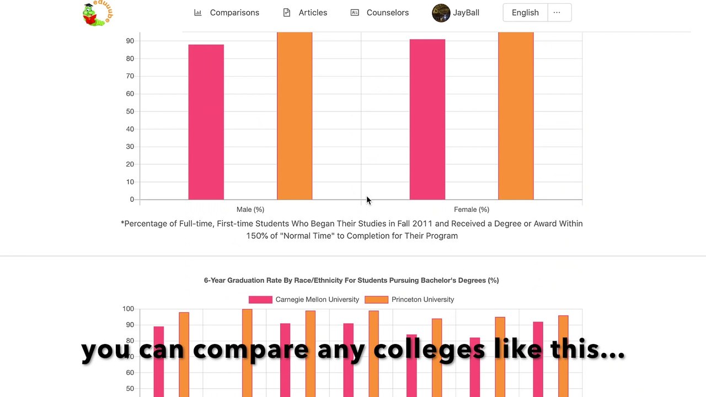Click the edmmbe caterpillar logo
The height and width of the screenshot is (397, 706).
tap(96, 14)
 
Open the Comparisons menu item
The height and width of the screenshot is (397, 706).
tap(227, 13)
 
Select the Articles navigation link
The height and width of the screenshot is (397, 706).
tap(305, 13)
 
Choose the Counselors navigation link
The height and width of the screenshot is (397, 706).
tap(380, 13)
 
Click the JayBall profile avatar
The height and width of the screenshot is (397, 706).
tap(441, 13)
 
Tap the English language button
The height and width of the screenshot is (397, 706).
tap(525, 13)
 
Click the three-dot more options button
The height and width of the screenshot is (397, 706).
tap(557, 13)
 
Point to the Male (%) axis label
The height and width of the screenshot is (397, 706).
tap(250, 210)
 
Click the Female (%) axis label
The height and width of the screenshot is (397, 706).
tap(472, 210)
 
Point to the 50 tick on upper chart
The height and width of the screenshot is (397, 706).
tap(130, 111)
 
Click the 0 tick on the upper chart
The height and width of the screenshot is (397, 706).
tap(132, 200)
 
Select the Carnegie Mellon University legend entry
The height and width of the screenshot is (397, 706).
tap(304, 299)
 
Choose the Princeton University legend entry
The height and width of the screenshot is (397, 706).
tap(410, 299)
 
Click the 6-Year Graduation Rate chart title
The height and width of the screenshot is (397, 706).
tap(351, 280)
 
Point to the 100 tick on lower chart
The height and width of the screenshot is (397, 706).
tap(128, 309)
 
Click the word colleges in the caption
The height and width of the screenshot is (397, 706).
tap(429, 350)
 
